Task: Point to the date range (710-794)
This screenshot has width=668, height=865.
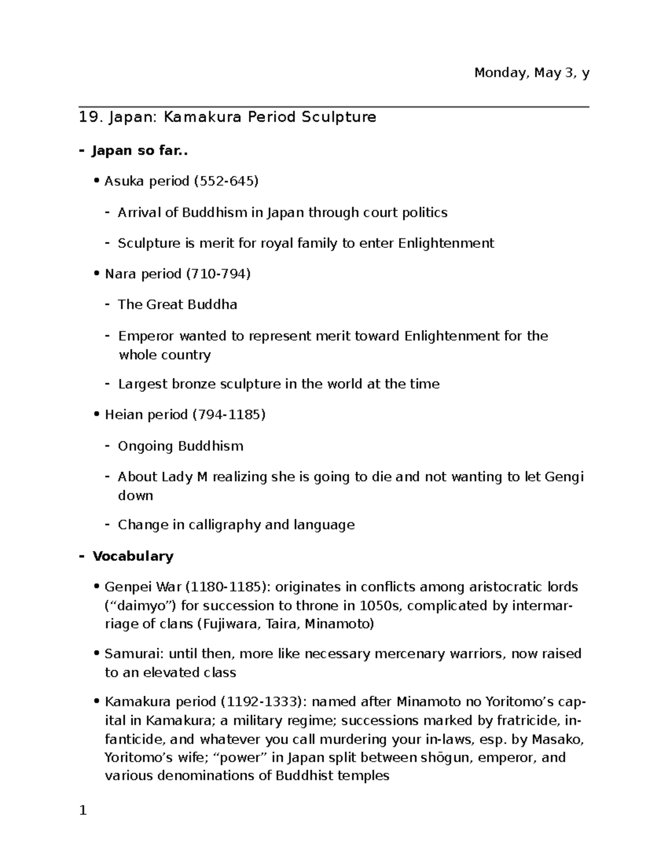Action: point(218,273)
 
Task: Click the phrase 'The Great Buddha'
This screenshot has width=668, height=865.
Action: point(178,305)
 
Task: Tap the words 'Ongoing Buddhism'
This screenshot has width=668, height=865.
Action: point(180,446)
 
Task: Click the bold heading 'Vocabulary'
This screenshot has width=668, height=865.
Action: point(133,556)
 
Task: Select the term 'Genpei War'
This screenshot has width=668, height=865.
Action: point(143,587)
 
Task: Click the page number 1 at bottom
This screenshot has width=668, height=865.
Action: point(83,810)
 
